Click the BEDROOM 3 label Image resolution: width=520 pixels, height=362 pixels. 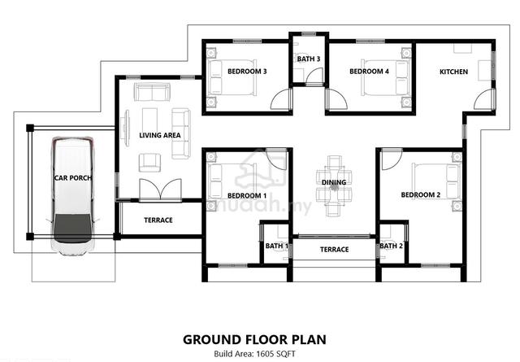247,72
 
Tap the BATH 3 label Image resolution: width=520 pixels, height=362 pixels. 309,59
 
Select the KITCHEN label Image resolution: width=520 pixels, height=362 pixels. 453,72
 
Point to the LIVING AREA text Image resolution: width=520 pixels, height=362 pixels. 160,135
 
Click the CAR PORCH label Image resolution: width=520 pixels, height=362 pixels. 73,178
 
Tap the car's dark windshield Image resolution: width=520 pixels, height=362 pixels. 72,228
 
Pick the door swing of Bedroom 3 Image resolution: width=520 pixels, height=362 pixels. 281,99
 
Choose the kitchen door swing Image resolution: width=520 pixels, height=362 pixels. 484,99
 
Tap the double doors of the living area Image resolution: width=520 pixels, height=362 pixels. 161,190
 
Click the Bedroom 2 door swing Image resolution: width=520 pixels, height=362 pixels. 392,159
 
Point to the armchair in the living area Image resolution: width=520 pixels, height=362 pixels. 149,163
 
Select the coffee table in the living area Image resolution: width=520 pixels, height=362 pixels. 149,121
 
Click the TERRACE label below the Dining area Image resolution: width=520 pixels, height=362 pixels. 334,250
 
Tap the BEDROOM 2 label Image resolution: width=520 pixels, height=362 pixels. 421,195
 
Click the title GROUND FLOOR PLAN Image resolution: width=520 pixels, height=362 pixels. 254,340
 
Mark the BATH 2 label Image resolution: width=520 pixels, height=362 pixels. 392,246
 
